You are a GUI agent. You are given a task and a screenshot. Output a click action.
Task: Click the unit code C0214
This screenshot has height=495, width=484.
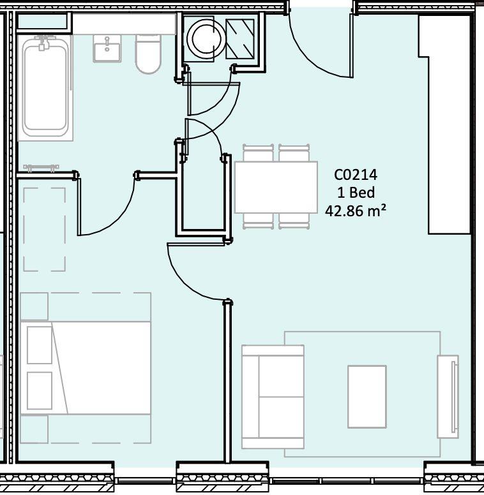[x=356, y=174]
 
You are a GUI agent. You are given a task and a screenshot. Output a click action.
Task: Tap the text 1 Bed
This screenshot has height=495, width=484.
[x=356, y=192]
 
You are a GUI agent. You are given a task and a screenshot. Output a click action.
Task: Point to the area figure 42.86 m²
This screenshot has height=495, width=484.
[x=356, y=211]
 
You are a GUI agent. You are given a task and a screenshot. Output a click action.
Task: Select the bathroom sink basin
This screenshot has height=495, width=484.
[x=107, y=47]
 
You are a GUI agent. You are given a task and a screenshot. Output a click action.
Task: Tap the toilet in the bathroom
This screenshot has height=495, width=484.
[x=148, y=55]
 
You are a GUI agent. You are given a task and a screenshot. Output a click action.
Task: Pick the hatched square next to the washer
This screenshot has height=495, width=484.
[x=241, y=38]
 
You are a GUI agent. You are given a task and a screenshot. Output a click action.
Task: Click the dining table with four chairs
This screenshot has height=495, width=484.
[x=276, y=187]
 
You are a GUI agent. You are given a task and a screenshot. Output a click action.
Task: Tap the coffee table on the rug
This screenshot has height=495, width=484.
[x=367, y=396]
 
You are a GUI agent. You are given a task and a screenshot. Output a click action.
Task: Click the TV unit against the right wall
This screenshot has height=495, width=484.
[x=448, y=395]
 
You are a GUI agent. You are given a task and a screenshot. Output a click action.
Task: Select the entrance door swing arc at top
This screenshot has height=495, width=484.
[x=319, y=51]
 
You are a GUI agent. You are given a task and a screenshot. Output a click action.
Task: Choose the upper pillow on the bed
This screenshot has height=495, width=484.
[x=40, y=344]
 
